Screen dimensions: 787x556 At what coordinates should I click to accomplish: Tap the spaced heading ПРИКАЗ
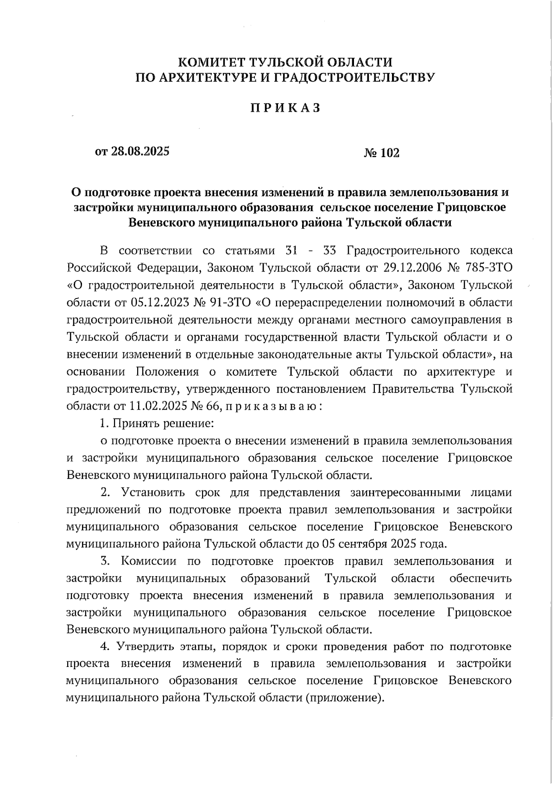[286, 108]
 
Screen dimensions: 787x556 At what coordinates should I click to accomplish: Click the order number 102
[390, 152]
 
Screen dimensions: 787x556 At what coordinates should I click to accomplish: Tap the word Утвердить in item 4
[147, 647]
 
